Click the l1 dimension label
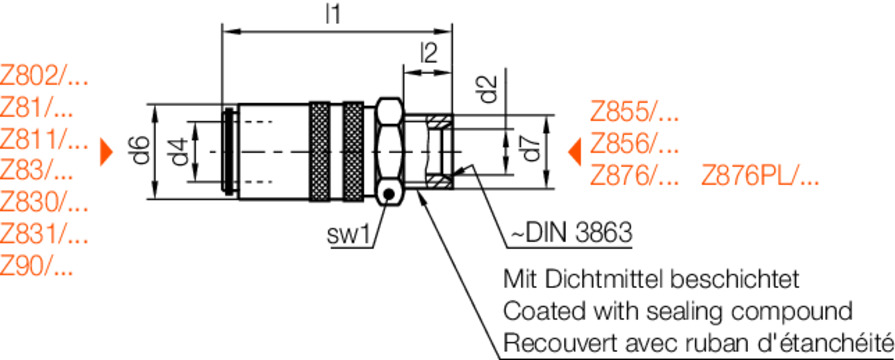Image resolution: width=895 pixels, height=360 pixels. (333, 14)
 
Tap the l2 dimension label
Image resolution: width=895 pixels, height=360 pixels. (429, 52)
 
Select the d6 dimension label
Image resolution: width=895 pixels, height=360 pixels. (142, 151)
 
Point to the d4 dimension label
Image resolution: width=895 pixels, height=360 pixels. (180, 152)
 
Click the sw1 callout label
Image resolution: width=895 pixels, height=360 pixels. (349, 235)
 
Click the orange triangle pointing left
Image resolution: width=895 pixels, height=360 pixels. (574, 152)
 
